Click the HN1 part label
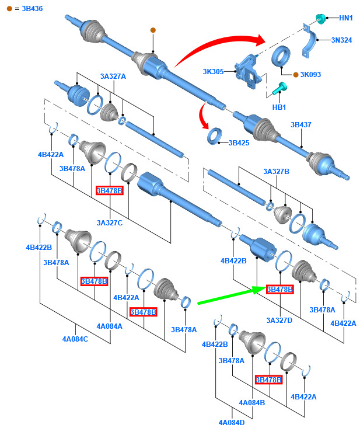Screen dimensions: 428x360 (346, 18)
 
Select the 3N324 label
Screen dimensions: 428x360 (342, 41)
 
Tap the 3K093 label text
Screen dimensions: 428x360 (310, 75)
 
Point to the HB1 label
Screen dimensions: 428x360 (279, 107)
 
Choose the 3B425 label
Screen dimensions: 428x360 (239, 142)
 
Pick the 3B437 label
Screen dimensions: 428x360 (302, 125)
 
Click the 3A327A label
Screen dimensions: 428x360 (113, 76)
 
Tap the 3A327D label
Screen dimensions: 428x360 (279, 320)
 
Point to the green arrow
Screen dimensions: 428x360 (228, 295)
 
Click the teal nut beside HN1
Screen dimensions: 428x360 (320, 18)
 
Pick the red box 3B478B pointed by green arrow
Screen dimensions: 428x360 (279, 289)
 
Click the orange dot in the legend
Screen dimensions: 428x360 (9, 9)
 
